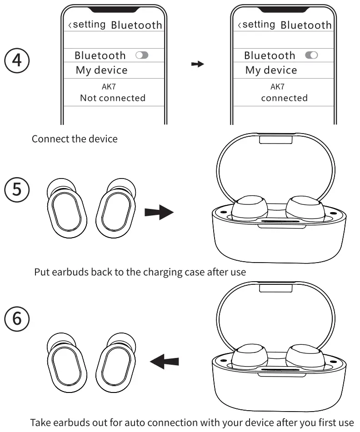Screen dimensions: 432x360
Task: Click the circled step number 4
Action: pos(17,60)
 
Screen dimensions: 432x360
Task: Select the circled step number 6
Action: pos(17,318)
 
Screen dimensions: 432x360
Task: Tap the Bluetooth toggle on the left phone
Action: pos(142,55)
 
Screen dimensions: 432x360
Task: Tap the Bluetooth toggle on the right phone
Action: pos(311,55)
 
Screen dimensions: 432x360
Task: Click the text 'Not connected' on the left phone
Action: pos(112,98)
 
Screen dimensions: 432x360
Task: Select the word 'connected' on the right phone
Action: pos(284,98)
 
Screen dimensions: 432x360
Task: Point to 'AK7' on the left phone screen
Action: pos(112,86)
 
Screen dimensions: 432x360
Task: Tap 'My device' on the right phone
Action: pos(271,70)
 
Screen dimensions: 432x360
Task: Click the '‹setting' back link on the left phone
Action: pos(87,25)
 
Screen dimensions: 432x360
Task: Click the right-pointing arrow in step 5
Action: pos(159,212)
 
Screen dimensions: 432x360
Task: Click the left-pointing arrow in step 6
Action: pos(164,362)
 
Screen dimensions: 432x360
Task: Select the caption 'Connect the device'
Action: pos(74,139)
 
